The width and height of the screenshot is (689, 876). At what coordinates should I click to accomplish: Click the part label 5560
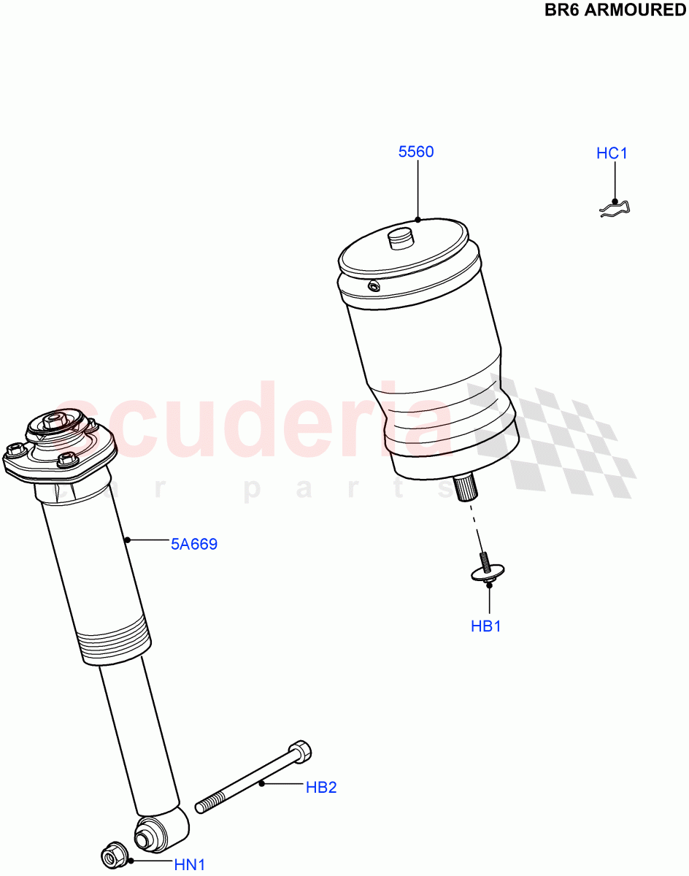point(416,152)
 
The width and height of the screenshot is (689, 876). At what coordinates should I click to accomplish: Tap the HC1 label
point(612,153)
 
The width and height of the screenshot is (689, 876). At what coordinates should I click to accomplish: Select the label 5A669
point(194,544)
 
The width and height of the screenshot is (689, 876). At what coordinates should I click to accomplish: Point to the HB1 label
point(486,626)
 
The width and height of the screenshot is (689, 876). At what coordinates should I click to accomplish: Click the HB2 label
point(321,788)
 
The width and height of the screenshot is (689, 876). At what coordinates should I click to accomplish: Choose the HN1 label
point(189,866)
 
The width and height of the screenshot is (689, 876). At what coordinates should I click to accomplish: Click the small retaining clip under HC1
point(615,210)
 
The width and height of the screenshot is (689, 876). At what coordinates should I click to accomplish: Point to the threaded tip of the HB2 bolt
point(204,805)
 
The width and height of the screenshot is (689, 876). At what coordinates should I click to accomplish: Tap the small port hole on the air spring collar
point(374,286)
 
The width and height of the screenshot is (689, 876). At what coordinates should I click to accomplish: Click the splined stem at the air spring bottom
point(464,487)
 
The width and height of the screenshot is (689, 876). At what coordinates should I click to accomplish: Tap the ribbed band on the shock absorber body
point(115,639)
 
